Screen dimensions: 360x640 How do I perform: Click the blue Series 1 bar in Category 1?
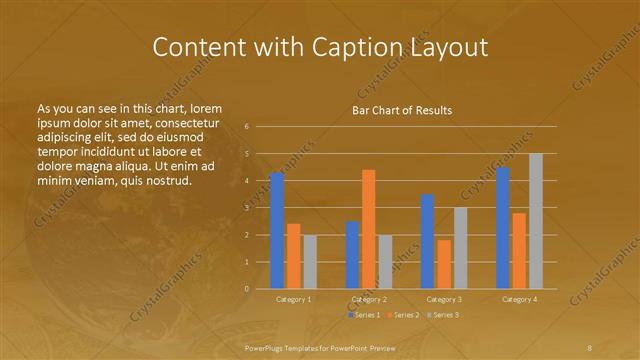[x=277, y=230]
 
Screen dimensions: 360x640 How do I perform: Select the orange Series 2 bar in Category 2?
[x=368, y=229]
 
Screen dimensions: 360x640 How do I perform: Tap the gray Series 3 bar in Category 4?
[x=535, y=221]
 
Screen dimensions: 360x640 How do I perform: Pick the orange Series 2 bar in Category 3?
[x=443, y=264]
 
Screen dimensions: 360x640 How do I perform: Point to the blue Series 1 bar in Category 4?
[x=502, y=228]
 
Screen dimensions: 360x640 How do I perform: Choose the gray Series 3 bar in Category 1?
[x=309, y=261]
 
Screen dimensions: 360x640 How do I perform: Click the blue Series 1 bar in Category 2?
[x=352, y=255]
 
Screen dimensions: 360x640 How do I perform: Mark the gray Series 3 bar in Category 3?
[x=460, y=248]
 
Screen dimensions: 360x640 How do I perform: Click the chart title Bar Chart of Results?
[x=402, y=110]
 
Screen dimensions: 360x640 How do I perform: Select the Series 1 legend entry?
[x=365, y=315]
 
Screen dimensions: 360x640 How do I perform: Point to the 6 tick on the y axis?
[x=246, y=127]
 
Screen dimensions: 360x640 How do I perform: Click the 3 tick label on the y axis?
[x=246, y=208]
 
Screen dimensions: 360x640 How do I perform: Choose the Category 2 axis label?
[x=368, y=299]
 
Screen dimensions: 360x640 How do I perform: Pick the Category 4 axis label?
[x=518, y=299]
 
